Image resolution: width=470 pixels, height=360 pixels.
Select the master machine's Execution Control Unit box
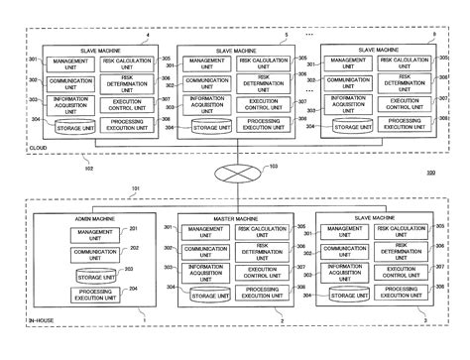click(x=263, y=273)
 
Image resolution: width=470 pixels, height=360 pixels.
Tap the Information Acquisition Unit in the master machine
click(x=206, y=273)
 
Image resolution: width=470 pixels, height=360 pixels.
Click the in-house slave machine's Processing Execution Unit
click(x=402, y=293)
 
